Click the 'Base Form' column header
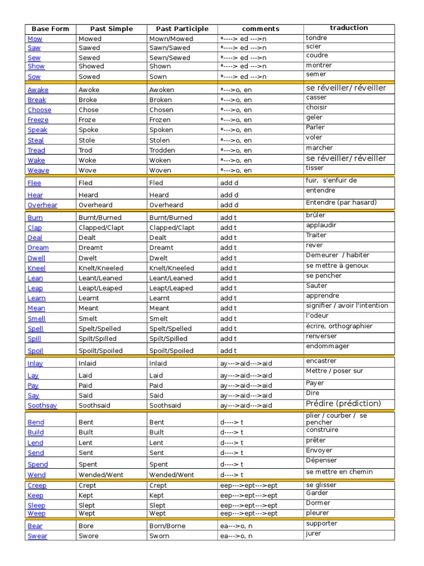click(x=50, y=29)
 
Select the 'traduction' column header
click(x=349, y=28)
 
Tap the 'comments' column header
click(x=261, y=29)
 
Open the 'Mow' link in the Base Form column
click(x=35, y=39)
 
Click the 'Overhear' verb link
click(x=43, y=205)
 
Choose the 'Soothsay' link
click(x=42, y=405)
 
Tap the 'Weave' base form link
click(x=38, y=170)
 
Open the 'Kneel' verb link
click(x=36, y=268)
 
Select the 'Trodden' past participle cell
click(x=162, y=150)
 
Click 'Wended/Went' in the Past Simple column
click(x=101, y=475)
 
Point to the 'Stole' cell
click(x=87, y=140)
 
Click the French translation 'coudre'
click(x=317, y=55)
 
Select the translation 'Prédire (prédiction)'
click(x=343, y=403)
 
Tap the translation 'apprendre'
click(x=322, y=296)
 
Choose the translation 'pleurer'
click(x=317, y=513)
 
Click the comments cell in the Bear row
click(x=236, y=526)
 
